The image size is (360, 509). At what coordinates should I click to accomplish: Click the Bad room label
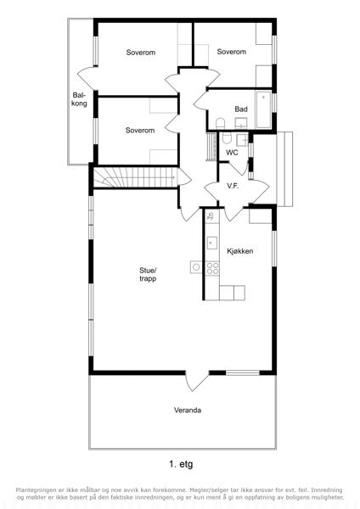241,109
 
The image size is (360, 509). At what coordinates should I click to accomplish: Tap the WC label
232,152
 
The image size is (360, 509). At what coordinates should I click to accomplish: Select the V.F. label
233,186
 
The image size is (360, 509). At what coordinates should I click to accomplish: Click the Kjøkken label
239,251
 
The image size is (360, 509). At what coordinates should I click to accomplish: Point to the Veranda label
188,410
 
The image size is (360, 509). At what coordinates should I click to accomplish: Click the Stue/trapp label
148,274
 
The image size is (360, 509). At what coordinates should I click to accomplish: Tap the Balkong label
79,99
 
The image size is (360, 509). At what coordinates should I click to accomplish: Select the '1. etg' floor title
181,464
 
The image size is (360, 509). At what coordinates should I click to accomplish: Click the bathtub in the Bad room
263,109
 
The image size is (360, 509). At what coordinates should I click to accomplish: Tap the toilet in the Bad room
221,123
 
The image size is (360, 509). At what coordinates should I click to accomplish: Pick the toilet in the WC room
227,138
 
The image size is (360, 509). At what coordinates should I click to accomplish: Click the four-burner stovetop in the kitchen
212,268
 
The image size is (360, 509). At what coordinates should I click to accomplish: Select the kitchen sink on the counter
212,243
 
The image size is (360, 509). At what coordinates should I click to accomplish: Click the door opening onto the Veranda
196,380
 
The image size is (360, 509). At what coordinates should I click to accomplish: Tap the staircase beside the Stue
136,177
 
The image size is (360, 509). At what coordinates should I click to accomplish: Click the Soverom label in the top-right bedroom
231,52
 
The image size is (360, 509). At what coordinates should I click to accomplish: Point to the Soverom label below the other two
140,130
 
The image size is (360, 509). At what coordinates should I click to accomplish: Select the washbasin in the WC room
242,139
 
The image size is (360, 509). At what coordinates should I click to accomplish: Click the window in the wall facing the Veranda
242,372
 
